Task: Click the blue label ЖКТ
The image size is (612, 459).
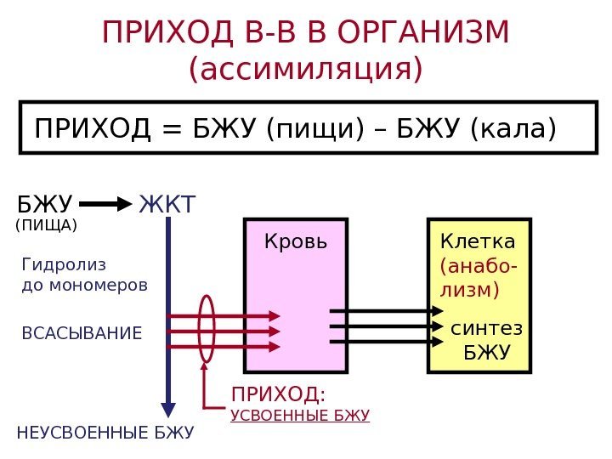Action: click(167, 205)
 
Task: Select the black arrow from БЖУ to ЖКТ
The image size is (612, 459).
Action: click(105, 205)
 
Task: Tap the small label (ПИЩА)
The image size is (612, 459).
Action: click(48, 226)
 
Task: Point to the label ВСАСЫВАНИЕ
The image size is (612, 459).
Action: click(82, 332)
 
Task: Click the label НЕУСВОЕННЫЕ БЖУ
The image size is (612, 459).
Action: click(105, 433)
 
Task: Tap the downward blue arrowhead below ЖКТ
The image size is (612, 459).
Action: click(169, 409)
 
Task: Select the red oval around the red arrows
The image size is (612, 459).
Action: click(206, 327)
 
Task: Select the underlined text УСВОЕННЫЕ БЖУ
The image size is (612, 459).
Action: click(300, 416)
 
